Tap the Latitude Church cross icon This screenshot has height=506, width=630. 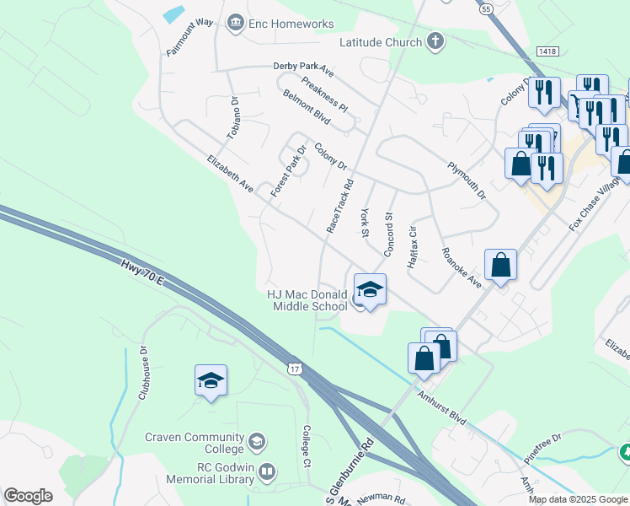pos(435,41)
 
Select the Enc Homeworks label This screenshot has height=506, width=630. pos(291,24)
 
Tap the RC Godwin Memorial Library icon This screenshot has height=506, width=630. pos(267,472)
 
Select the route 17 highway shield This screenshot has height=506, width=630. pos(293,369)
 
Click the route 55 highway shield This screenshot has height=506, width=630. pos(487,8)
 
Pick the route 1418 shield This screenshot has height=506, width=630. pos(547,52)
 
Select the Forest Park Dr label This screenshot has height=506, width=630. pos(288,172)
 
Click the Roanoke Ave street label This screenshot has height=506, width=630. pos(461,267)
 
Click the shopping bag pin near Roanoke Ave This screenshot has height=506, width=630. pos(500,265)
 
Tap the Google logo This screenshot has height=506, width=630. pos(28,496)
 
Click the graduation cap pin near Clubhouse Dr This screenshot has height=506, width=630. pos(211,380)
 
